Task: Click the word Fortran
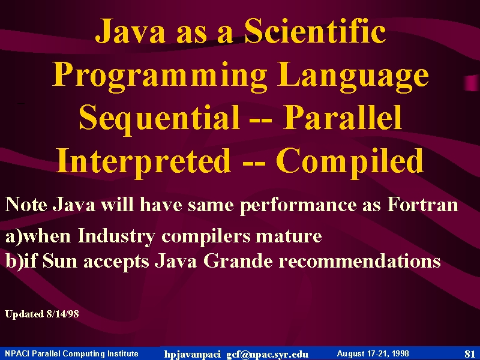pyautogui.click(x=423, y=204)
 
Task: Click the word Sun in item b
pyautogui.click(x=59, y=261)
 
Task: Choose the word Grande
pyautogui.click(x=238, y=261)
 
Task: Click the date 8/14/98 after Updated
pyautogui.click(x=63, y=314)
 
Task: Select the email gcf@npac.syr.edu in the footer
pyautogui.click(x=267, y=354)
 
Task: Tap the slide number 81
pyautogui.click(x=470, y=354)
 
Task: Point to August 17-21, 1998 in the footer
pyautogui.click(x=373, y=354)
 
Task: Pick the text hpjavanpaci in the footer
pyautogui.click(x=192, y=355)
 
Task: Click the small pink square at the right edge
pyautogui.click(x=472, y=83)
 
